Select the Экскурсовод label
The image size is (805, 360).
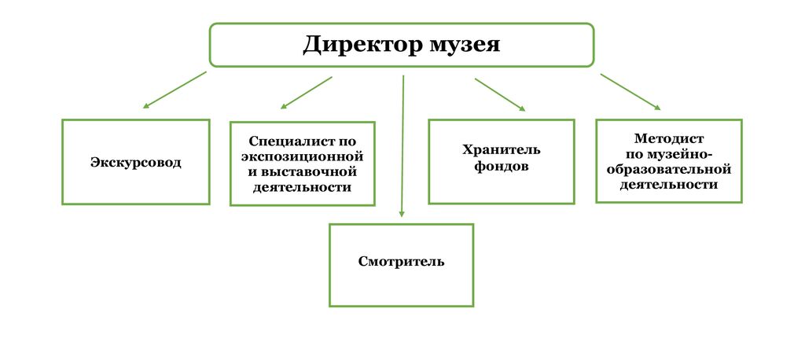136,163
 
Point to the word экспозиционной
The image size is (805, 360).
303,156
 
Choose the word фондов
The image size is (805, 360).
501,167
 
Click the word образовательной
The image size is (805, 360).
668,169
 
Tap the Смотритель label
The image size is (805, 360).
402,262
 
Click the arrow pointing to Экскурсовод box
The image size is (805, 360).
175,90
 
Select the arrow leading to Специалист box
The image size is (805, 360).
307,93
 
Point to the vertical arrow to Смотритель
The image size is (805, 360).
403,146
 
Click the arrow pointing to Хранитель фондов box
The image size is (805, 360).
501,94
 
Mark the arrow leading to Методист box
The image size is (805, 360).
630,92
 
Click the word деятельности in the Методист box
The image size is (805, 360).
668,185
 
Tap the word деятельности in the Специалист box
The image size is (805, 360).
303,187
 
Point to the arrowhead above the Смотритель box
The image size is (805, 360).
402,214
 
